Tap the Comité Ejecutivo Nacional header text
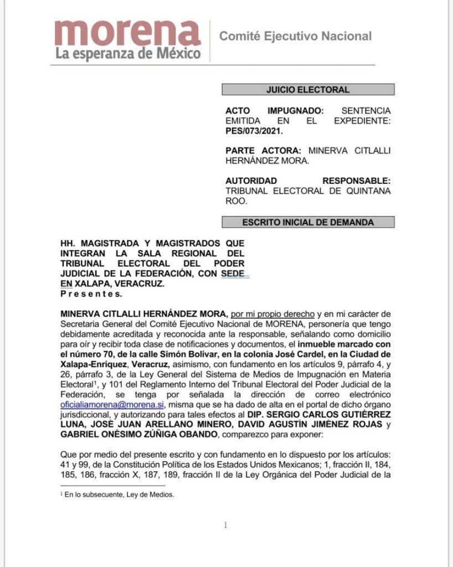pyautogui.click(x=295, y=37)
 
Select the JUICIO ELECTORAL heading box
pyautogui.click(x=308, y=90)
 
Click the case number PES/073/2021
pyautogui.click(x=254, y=131)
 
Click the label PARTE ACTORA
pyautogui.click(x=262, y=151)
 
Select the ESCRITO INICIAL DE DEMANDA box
pyautogui.click(x=308, y=222)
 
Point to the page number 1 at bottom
pyautogui.click(x=225, y=525)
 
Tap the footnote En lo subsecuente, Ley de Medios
pyautogui.click(x=119, y=495)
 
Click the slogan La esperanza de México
pyautogui.click(x=127, y=55)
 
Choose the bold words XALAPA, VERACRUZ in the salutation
pyautogui.click(x=120, y=283)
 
